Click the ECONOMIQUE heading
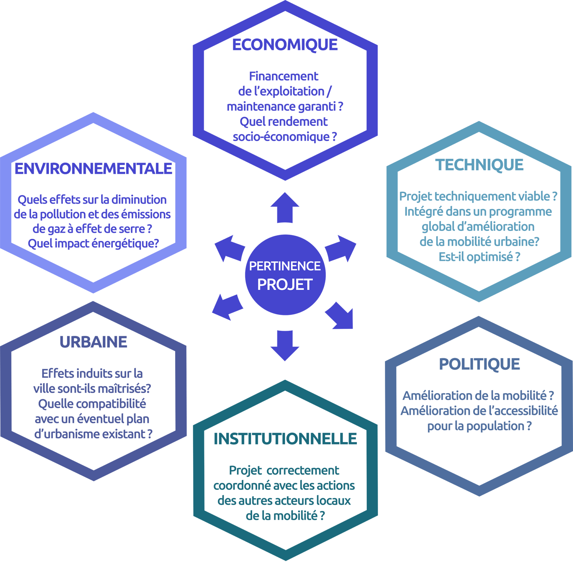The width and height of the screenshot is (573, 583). (285, 45)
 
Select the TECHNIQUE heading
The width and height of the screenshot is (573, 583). (479, 165)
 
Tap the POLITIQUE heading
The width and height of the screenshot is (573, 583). (479, 364)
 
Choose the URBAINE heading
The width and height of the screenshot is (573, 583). (93, 342)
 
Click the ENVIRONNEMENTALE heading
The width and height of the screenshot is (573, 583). (93, 169)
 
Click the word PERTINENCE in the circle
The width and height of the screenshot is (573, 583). (285, 266)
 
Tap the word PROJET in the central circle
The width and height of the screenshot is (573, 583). (285, 285)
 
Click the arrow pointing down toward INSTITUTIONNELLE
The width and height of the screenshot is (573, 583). (285, 346)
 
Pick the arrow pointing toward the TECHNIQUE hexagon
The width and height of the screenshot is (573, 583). (340, 249)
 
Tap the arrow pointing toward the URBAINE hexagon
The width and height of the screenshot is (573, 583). (228, 307)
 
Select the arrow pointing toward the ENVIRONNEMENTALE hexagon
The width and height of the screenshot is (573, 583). (230, 249)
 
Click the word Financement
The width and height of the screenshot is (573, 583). (283, 76)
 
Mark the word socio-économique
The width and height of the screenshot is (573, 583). (281, 137)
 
